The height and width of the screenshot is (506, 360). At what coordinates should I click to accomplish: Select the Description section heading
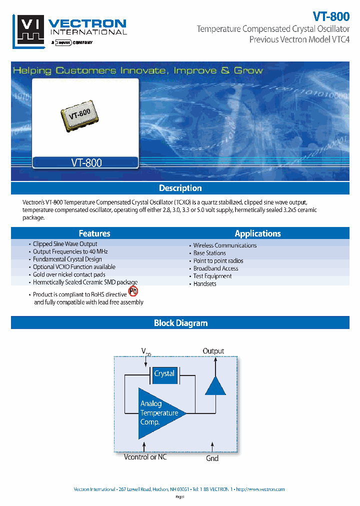click(180, 188)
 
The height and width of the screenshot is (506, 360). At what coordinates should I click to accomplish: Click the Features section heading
click(94, 233)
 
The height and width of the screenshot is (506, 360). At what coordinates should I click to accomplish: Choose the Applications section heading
click(257, 233)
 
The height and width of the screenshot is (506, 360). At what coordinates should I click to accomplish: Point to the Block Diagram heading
click(180, 323)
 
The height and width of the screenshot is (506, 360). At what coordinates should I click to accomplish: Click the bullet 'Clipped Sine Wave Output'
click(65, 244)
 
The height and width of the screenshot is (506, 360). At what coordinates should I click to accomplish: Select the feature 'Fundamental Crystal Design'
click(67, 259)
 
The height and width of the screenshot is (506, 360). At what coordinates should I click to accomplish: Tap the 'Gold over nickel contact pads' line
click(69, 274)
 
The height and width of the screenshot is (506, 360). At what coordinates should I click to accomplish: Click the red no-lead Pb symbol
click(133, 291)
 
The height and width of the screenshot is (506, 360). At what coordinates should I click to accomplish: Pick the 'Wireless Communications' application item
click(225, 245)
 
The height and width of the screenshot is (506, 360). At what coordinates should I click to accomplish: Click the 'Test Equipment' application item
click(212, 276)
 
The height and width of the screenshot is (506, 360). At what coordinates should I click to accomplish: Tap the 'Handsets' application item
click(205, 283)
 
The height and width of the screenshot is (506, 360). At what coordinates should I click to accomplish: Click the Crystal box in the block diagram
click(164, 374)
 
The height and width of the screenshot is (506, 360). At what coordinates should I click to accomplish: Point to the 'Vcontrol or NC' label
click(145, 457)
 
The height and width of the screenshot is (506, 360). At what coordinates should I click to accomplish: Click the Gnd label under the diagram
click(212, 458)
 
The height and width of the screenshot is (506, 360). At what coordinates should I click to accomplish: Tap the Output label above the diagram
click(213, 351)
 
